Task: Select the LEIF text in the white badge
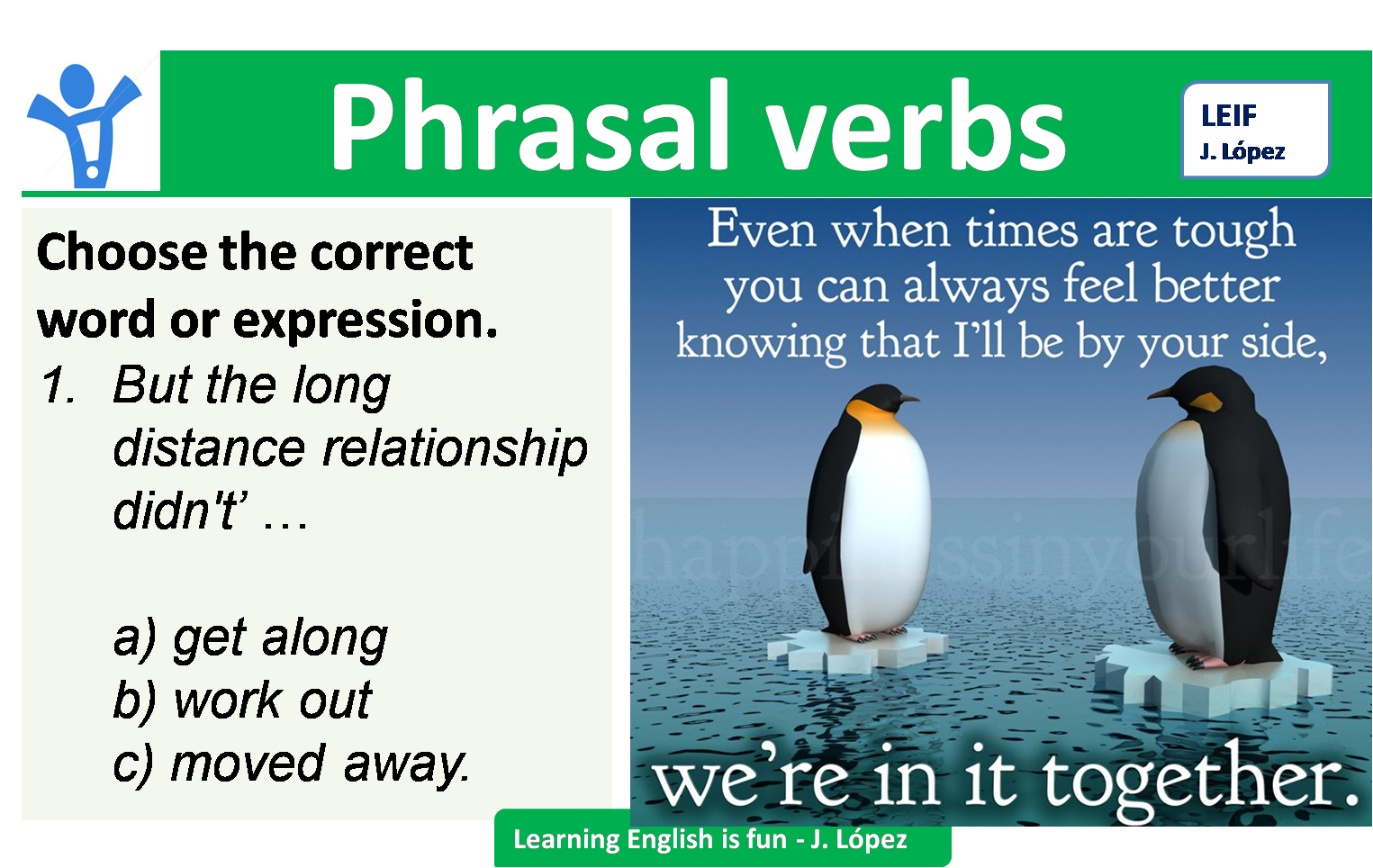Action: click(1228, 116)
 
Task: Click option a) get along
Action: click(250, 638)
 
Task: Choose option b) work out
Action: click(241, 701)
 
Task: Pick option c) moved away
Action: click(290, 764)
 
